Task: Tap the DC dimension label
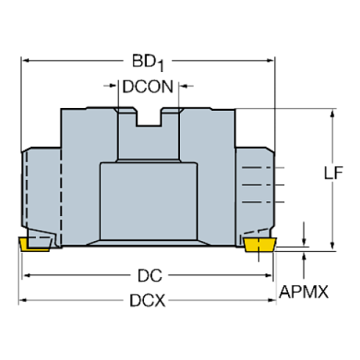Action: [150, 276]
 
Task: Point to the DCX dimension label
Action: [147, 300]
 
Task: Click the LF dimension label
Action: [335, 174]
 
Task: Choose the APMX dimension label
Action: [303, 292]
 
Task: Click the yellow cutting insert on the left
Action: [34, 244]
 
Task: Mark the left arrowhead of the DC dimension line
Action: [28, 276]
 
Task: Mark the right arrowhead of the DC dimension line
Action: [268, 276]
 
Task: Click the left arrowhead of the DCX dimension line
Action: [22, 300]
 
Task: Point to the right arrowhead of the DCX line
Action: [273, 300]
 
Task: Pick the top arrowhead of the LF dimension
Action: [332, 115]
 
